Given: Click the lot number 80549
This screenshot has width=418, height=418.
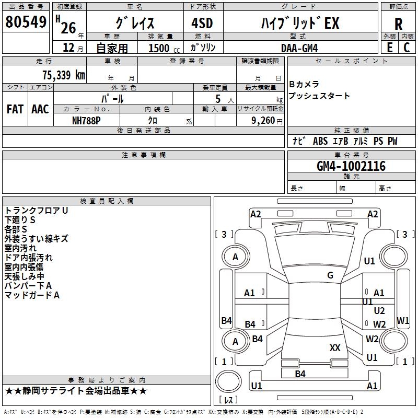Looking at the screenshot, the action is pos(26,21).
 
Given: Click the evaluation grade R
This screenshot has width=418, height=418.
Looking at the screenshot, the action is pos(398,24).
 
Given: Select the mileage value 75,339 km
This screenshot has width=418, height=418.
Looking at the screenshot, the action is pos(64,75).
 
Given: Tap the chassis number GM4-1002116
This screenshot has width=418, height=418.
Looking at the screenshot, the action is pos(351,166).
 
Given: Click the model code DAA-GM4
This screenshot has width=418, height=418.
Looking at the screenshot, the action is pos(299,48).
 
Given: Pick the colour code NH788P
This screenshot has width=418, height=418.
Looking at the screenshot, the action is pos(86,121).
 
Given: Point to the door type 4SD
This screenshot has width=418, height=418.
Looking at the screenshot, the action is pos(202,23).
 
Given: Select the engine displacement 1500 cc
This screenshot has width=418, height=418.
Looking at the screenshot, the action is pos(164,48).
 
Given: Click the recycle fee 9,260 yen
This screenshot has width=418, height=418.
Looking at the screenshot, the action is pos(267,121).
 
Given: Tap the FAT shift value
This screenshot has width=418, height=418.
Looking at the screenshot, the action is pos(15,109).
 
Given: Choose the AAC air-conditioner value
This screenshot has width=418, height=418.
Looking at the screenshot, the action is pos(40,109).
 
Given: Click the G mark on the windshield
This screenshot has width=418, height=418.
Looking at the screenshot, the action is pos(330,275).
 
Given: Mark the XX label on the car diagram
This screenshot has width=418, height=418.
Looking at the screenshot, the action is pos(335,347).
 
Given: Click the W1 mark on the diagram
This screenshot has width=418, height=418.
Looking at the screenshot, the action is pos(403,320).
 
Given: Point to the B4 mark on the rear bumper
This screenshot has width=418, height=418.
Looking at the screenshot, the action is pos(300,374).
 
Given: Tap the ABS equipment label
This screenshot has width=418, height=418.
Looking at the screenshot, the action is pos(320,141).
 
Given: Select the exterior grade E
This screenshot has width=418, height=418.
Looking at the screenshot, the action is pos(390,48).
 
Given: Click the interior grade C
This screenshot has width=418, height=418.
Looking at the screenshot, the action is pos(407,48).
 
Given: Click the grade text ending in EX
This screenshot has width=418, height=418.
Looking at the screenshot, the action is pos(300,23).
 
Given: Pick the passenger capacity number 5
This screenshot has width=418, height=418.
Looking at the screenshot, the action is pos(218,99).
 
